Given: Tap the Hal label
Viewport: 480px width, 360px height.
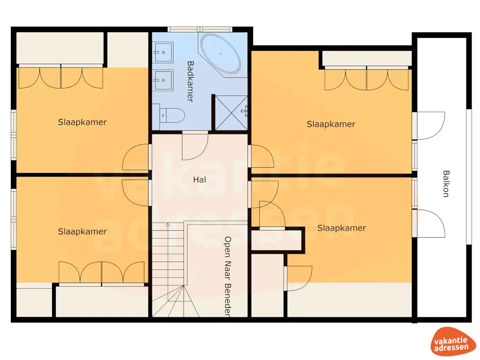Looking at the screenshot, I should pos(200,179).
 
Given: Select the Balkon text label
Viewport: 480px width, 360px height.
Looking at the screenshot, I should pos(445,183).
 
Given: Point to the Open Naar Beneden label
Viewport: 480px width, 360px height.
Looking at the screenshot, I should pos(228,277).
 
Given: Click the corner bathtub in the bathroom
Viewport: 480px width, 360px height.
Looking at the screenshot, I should pos(220,53).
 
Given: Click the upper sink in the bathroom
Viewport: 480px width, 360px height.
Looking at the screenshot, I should pos(163,52).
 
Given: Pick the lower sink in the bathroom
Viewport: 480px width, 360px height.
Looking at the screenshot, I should pos(163,79).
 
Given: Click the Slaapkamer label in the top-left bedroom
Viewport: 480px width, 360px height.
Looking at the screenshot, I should pos(82,122).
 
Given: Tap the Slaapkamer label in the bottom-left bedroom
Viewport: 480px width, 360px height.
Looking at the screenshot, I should pos(82,232).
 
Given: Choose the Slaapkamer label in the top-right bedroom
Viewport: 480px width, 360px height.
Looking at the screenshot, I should pos(331,124).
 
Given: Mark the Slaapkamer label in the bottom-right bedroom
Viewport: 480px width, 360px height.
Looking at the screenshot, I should pos(341,228).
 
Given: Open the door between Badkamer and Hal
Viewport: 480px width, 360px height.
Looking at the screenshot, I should pos(195,145).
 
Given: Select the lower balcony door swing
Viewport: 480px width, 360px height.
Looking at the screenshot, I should pos(430,223).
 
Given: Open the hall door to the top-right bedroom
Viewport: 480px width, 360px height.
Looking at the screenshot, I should pos(262,157).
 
